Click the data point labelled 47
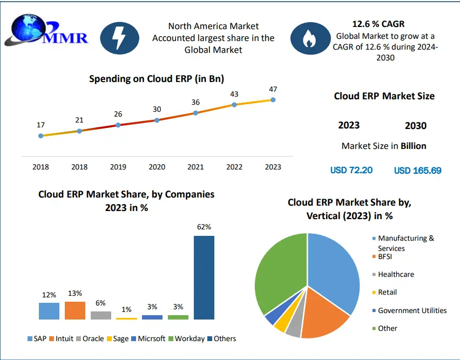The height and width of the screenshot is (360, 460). coord(273,100)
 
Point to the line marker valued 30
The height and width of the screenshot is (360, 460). coord(157,120)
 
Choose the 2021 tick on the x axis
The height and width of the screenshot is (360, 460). coord(195,167)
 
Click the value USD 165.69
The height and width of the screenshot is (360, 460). coord(417,171)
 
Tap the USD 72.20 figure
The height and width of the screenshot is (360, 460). coord(351,171)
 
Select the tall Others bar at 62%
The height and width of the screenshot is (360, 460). coord(204,277)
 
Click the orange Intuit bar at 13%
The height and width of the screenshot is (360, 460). coord(75,310)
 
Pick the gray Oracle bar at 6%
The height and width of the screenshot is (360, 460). coord(101,315)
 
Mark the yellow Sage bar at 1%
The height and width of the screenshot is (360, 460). coord(126,318)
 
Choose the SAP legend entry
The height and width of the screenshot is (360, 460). coord(37,338)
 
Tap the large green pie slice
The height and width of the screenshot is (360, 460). coord(275,270)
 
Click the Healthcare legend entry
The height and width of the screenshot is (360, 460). coord(396,274)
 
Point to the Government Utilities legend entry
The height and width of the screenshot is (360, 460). coord(412,310)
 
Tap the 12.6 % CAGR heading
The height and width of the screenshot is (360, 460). coord(378,24)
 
